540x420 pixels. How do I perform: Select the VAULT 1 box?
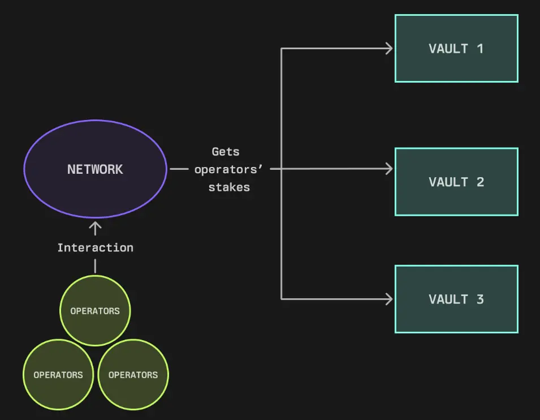tap(456, 49)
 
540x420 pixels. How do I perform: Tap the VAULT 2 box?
tap(456, 182)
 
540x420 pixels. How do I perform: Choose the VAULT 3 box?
tap(456, 299)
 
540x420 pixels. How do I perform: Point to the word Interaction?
tap(95, 247)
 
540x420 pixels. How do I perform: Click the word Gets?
tap(226, 152)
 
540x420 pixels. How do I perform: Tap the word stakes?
tap(229, 187)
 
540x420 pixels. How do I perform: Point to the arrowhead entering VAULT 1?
tap(388, 49)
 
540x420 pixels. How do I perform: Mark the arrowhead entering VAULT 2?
tap(388, 169)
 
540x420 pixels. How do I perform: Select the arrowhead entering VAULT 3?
tap(388, 299)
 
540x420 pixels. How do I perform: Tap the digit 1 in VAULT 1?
tap(480, 49)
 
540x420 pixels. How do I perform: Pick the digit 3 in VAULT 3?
tap(480, 299)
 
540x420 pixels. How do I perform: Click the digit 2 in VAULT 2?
tap(480, 182)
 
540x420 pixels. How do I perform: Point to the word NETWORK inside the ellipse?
tap(95, 169)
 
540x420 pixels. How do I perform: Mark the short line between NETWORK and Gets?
tap(179, 169)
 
